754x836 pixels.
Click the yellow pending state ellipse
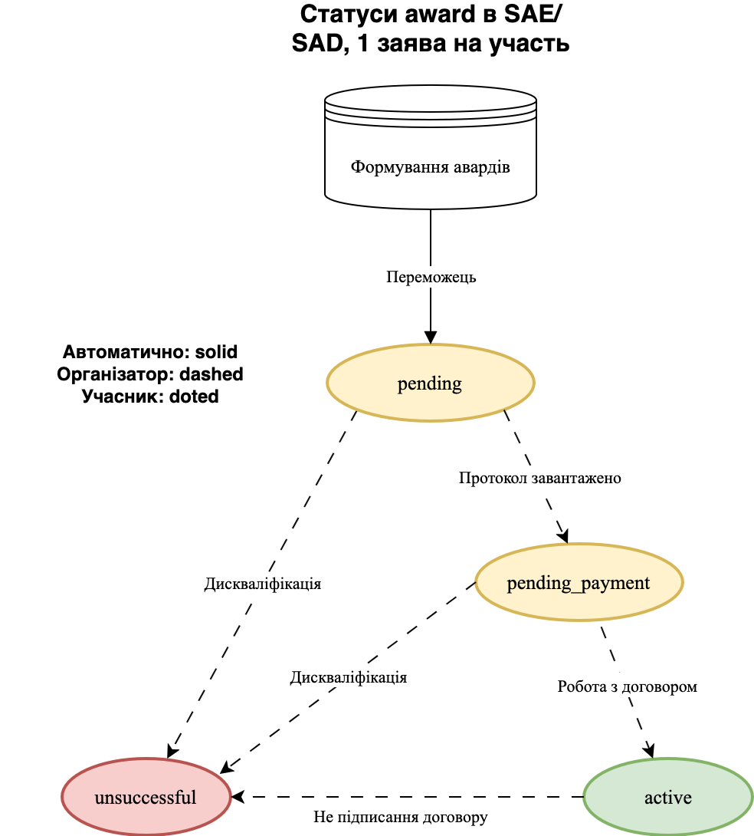click(x=430, y=383)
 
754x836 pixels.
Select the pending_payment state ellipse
click(x=579, y=583)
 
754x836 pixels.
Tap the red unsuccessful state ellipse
click(x=146, y=797)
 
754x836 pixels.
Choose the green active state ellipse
click(x=667, y=797)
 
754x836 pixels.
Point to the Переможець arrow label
click(x=431, y=277)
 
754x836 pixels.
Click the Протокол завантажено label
click(x=539, y=478)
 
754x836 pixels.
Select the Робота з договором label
click(x=627, y=686)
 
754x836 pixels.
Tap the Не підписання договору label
click(x=400, y=817)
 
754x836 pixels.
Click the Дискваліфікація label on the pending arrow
click(x=262, y=584)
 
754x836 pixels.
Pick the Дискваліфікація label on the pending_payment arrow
click(x=348, y=678)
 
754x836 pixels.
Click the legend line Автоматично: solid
click(x=150, y=353)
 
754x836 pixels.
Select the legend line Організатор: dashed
click(x=150, y=374)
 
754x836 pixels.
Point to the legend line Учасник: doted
click(x=150, y=397)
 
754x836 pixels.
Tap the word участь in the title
click(x=527, y=43)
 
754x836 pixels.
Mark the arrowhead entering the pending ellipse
click(x=431, y=337)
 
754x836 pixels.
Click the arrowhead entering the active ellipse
click(x=651, y=750)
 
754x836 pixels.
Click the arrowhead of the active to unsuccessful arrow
click(x=238, y=796)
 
